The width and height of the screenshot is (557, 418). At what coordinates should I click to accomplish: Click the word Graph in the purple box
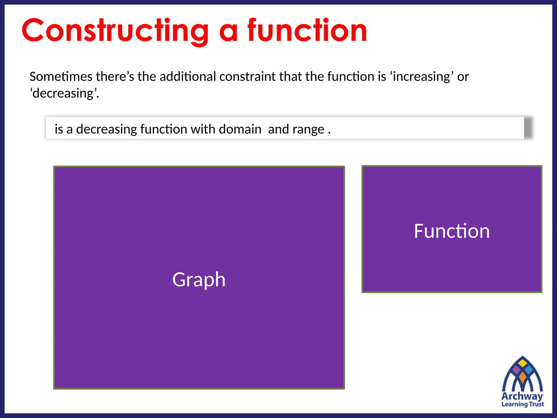tap(199, 280)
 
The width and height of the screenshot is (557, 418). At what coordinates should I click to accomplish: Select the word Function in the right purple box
tap(452, 231)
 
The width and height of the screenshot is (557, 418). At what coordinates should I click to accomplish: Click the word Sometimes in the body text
tap(61, 76)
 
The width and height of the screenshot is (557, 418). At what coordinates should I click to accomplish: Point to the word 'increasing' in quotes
tap(422, 76)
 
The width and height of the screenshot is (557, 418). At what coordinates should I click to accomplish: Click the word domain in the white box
tap(240, 129)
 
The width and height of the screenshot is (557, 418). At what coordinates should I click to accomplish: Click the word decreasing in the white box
tap(106, 129)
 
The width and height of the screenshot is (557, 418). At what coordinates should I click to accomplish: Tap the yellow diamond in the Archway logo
tap(522, 363)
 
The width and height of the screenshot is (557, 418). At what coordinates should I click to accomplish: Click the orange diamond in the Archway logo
tap(522, 377)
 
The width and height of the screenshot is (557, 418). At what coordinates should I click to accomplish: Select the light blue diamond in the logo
tap(529, 370)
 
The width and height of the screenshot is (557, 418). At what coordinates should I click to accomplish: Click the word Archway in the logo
tap(522, 396)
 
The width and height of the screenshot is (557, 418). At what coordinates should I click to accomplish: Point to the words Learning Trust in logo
tap(522, 404)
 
